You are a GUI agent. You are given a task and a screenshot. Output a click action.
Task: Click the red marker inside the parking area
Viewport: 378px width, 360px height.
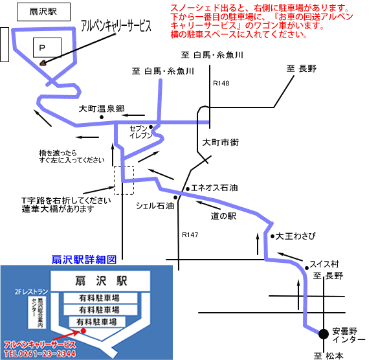pyautogui.click(x=43, y=63)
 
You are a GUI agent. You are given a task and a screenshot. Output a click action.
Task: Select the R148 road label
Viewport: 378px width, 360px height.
pyautogui.click(x=221, y=83)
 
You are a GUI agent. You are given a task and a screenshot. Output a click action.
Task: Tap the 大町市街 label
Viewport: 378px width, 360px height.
pyautogui.click(x=221, y=142)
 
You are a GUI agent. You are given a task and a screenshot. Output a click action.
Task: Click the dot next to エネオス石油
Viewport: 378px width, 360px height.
pyautogui.click(x=187, y=188)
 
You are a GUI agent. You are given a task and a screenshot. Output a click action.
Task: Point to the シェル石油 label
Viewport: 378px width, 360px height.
pyautogui.click(x=155, y=205)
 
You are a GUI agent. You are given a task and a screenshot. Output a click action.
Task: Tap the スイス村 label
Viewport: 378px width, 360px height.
pyautogui.click(x=324, y=264)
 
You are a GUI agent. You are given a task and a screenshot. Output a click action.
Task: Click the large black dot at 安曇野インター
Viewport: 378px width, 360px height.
pyautogui.click(x=322, y=334)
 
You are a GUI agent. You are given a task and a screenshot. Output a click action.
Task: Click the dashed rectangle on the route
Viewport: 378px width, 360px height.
pyautogui.click(x=124, y=180)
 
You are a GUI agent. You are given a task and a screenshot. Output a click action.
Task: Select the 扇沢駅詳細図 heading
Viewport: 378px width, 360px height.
pyautogui.click(x=83, y=259)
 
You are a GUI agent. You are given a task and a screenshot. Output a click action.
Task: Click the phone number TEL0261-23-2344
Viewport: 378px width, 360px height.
pyautogui.click(x=39, y=354)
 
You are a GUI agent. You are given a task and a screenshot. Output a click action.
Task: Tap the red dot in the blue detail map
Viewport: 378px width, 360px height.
pyautogui.click(x=83, y=330)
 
